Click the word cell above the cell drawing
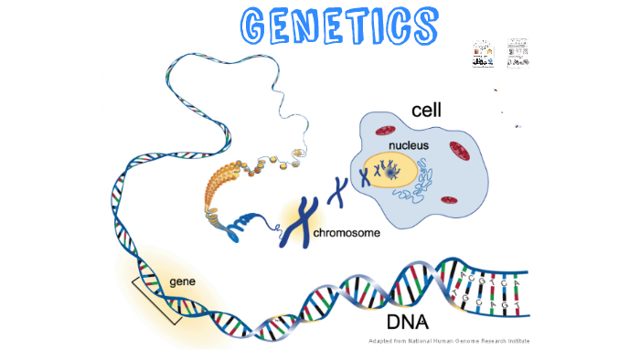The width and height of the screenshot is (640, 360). coord(425,111)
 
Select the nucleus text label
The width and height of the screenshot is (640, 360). coord(408,145)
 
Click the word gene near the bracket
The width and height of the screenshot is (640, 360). coord(182,279)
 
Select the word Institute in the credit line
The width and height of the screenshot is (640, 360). coord(510,341)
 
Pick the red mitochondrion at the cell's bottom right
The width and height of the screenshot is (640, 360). coord(450,200)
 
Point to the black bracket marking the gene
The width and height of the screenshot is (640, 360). coord(155,298)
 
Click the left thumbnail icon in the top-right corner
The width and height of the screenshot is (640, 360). coord(482,53)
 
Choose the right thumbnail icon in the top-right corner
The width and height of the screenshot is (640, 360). coord(517,52)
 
